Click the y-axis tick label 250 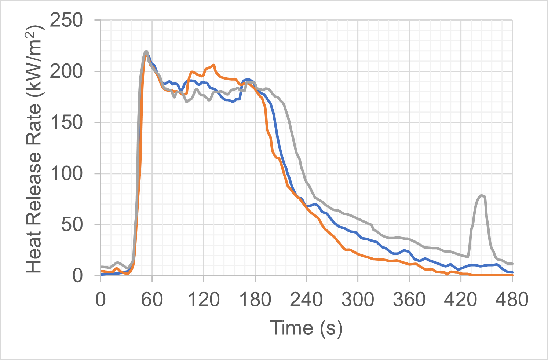click(x=66, y=21)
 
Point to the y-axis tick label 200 click(x=66, y=71)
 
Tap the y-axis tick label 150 click(x=66, y=122)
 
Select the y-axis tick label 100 click(x=66, y=173)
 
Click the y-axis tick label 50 click(x=72, y=224)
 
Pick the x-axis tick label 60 click(x=152, y=300)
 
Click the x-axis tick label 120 click(x=203, y=300)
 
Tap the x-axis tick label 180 click(x=255, y=300)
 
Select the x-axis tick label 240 click(x=306, y=300)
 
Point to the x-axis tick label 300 click(x=358, y=300)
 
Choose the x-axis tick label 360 click(x=409, y=300)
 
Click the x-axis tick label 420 click(x=460, y=300)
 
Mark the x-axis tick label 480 click(x=512, y=300)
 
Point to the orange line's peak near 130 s click(x=213, y=65)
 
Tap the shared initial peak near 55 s click(x=146, y=51)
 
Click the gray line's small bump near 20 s click(x=117, y=262)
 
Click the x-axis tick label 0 click(x=101, y=300)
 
